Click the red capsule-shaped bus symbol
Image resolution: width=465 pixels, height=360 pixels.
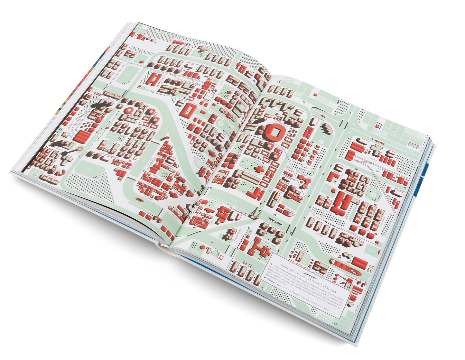140,200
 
